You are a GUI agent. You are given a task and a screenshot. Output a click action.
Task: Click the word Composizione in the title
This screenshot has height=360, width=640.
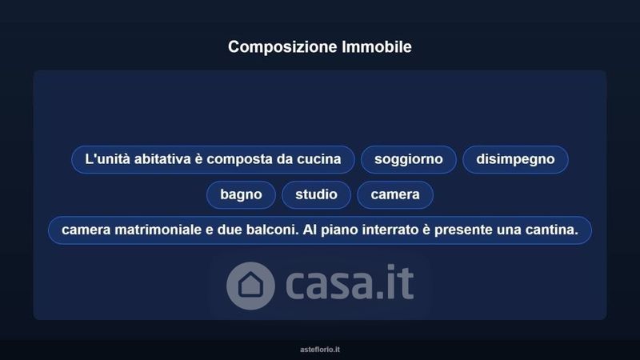[x=282, y=47]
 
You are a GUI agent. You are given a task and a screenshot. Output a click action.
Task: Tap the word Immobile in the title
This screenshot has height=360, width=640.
[x=377, y=46]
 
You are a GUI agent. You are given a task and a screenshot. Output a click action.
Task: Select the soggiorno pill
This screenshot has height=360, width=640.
[x=409, y=159]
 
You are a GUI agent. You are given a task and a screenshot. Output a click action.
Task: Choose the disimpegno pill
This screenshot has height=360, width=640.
[x=515, y=159]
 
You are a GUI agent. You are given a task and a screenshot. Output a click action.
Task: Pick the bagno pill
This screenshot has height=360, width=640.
[x=241, y=194]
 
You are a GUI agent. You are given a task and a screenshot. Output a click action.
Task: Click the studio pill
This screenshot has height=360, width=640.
[x=316, y=194]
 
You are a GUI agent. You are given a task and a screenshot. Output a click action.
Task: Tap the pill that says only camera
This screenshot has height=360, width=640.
[x=395, y=194]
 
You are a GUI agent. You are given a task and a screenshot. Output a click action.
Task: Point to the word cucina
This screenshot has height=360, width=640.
[x=318, y=158]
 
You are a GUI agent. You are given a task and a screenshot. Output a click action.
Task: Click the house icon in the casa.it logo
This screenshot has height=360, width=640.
[x=250, y=286]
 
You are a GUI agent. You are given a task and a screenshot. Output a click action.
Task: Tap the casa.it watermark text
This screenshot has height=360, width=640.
[x=350, y=282]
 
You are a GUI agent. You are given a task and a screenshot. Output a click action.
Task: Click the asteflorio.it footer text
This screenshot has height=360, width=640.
[x=320, y=350]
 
